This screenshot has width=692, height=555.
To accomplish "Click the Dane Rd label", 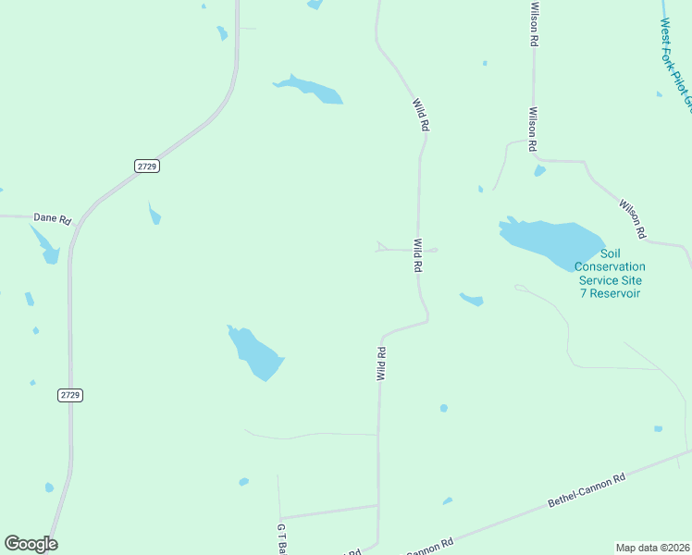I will [x=53, y=218].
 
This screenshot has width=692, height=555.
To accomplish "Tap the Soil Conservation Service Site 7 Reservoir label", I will [x=610, y=274].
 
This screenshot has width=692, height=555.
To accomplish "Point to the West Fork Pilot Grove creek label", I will [x=676, y=68].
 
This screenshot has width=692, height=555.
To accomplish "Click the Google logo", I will [x=31, y=543].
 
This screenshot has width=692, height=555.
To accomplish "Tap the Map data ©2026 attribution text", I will [x=652, y=548].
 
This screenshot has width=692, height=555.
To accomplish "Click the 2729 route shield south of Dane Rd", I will [x=70, y=395].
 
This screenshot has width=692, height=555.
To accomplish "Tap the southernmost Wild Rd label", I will [x=380, y=364].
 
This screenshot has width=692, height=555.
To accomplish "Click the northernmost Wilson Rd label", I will [x=534, y=24].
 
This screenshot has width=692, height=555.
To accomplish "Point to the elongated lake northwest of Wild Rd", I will [x=310, y=90].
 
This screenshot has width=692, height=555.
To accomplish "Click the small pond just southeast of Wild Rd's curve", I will [x=472, y=299].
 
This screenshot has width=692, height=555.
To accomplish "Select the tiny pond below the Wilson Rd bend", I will [x=539, y=171].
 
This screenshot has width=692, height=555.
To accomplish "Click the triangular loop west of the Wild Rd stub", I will [x=380, y=246].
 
